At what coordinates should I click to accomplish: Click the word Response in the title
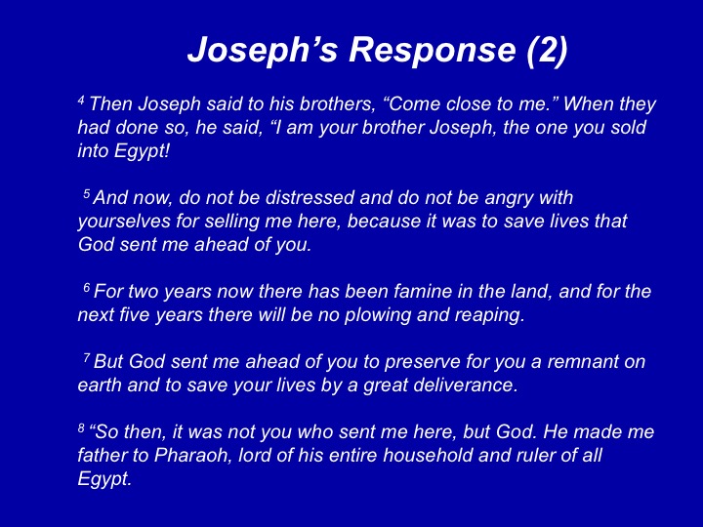[x=433, y=51]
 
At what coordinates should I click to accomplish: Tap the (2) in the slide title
[x=548, y=50]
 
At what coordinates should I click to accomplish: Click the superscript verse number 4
[x=81, y=100]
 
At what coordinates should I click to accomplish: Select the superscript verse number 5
[x=87, y=193]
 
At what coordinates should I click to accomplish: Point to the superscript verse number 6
[x=87, y=287]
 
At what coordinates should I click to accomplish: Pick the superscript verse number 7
[x=87, y=357]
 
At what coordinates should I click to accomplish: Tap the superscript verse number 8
[x=81, y=428]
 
